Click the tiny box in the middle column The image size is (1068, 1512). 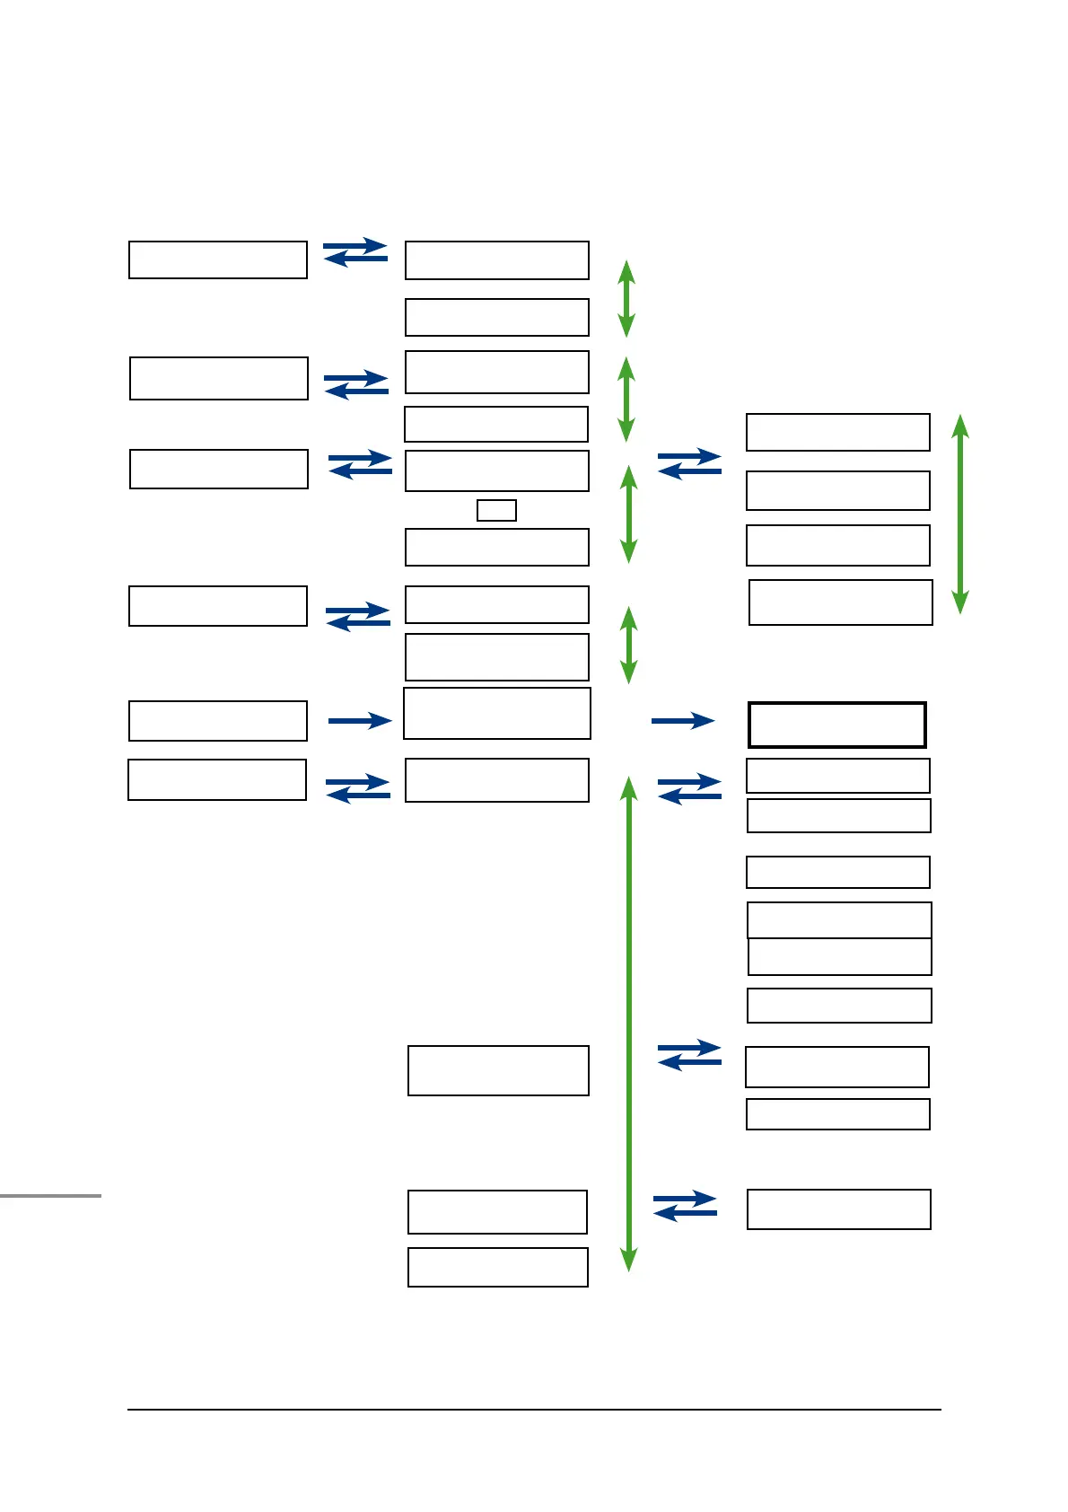point(496,511)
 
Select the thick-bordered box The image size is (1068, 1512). point(837,725)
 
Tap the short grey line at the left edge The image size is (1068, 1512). point(50,1196)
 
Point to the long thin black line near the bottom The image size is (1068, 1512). point(534,1410)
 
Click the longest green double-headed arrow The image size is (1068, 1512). point(629,1024)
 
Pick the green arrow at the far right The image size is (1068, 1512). point(960,514)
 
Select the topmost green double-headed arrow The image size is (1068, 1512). point(627,299)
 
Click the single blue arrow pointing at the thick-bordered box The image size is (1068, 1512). point(683,720)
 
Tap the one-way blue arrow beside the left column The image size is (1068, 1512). point(360,720)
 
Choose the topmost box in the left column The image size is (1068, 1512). point(218,259)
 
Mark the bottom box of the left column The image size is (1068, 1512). point(217,779)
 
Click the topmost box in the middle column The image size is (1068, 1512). point(497,260)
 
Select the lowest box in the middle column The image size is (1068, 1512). point(498,1267)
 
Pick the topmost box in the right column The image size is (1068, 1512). point(838,432)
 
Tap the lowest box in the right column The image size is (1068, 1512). point(839,1209)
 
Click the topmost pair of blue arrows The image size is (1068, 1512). point(355,252)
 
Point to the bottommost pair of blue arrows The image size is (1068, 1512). point(686,1206)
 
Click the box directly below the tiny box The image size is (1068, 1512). point(497,547)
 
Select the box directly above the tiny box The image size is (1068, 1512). point(497,470)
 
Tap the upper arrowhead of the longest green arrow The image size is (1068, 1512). point(629,788)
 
